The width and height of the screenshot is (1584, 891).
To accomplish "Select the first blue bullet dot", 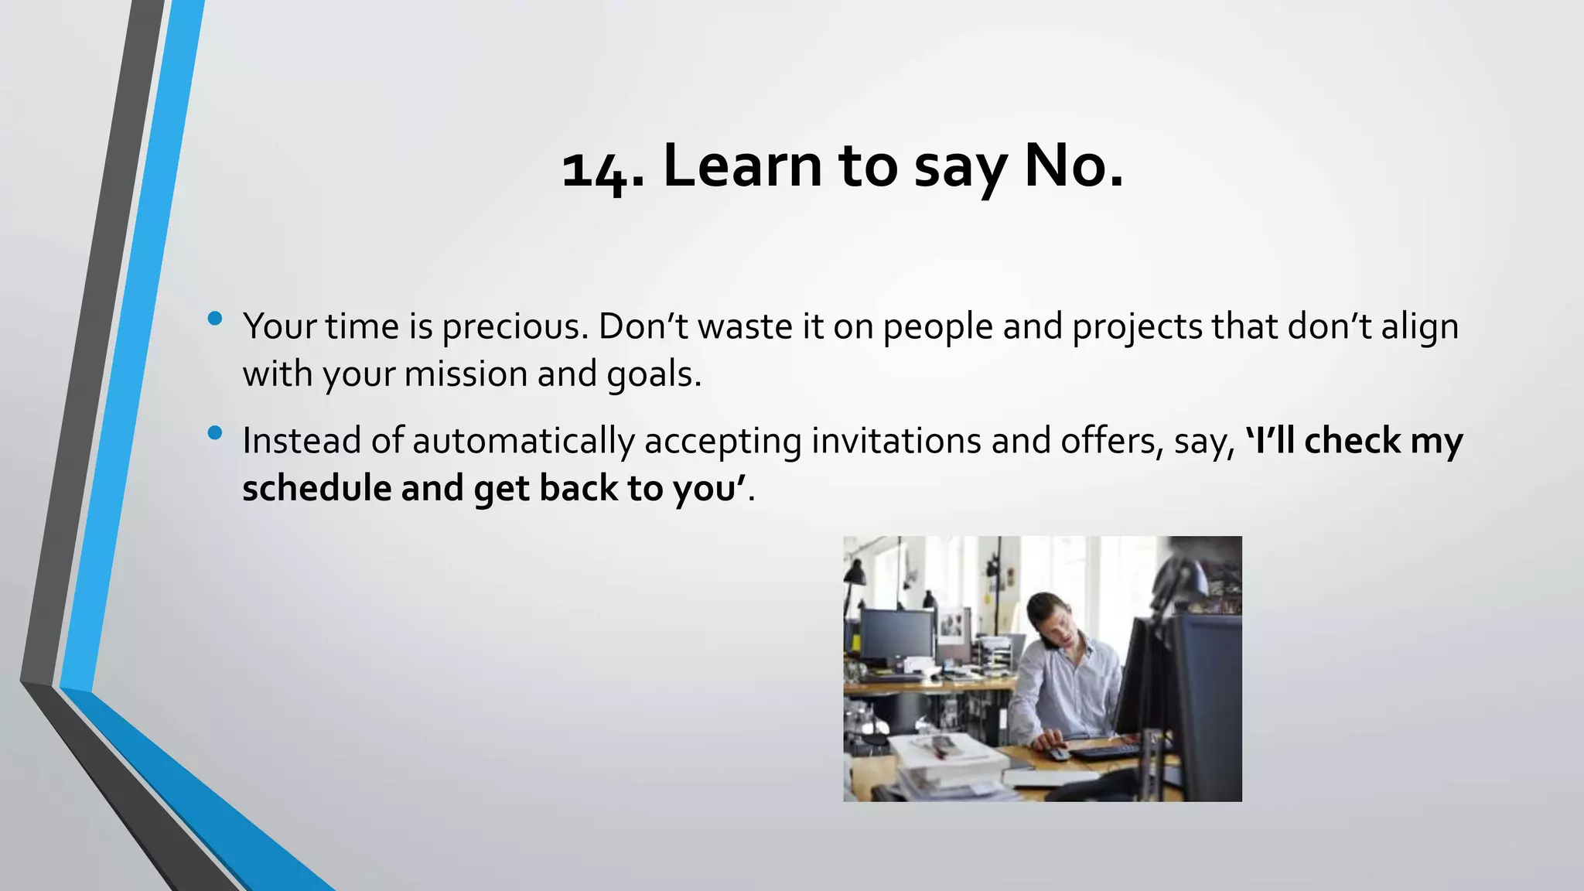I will (215, 318).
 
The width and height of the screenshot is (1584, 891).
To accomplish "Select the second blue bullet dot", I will (215, 432).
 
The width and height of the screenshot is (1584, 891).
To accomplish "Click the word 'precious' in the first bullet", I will (510, 327).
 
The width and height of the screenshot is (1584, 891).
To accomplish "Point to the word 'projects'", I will (1137, 327).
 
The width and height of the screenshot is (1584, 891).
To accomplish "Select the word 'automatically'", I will (524, 441).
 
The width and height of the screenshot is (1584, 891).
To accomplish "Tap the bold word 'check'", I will (1353, 441).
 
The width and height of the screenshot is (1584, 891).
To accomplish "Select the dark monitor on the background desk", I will (897, 634).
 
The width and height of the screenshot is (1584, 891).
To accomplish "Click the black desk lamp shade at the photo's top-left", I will (855, 573).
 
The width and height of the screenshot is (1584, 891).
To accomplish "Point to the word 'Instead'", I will (302, 441).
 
